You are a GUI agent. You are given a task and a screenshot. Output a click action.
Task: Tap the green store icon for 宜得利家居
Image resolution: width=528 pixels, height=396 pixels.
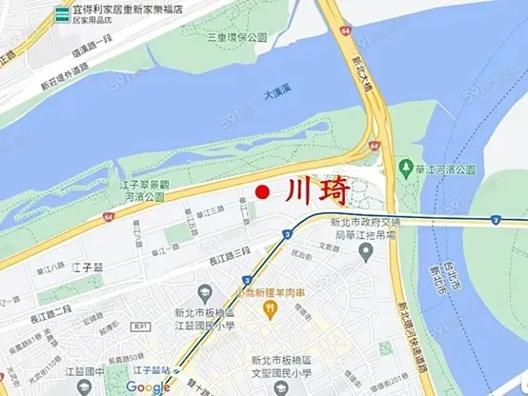(x=62, y=12)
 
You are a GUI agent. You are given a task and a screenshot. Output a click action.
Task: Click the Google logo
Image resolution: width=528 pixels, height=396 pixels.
(x=148, y=386)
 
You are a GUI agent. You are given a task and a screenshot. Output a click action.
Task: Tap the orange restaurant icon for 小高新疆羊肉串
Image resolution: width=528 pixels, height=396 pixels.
(x=271, y=308)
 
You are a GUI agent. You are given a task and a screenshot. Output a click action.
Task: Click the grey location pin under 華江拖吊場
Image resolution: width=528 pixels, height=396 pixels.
(x=366, y=251)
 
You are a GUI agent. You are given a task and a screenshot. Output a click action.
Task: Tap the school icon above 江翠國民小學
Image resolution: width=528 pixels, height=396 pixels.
(x=200, y=291)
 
